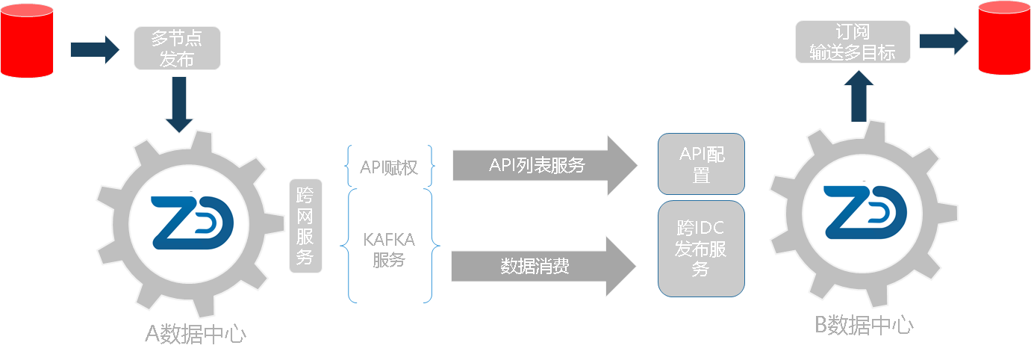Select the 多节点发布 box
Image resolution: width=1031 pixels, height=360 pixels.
(x=177, y=49)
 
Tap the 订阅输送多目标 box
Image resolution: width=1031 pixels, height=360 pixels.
(x=853, y=42)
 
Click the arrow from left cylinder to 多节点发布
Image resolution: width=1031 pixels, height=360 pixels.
(x=94, y=49)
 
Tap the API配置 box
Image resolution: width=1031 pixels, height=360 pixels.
(x=701, y=164)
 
